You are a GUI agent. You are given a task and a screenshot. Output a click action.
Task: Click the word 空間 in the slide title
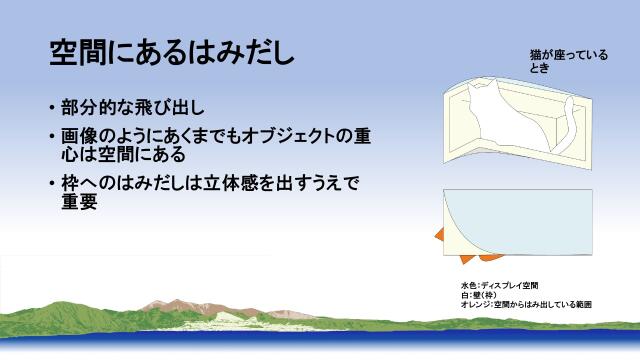[x=82, y=52]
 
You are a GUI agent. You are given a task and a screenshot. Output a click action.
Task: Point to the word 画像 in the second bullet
[x=75, y=135]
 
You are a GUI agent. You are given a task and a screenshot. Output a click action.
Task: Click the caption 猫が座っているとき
[x=568, y=62]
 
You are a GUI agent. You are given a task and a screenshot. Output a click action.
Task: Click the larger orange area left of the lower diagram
[x=440, y=235]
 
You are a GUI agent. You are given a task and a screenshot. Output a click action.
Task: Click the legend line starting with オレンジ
[x=530, y=303]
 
